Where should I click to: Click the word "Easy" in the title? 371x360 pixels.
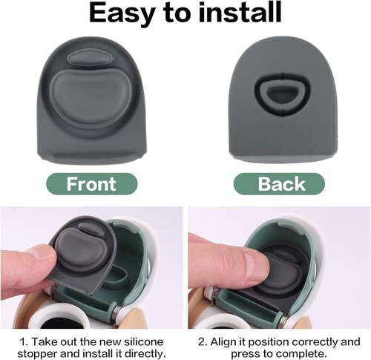[x=121, y=13]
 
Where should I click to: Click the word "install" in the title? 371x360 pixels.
[x=240, y=12]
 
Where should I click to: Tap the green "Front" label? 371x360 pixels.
[x=91, y=184]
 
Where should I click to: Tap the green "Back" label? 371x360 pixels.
[x=279, y=184]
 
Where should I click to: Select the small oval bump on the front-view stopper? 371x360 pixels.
[x=88, y=58]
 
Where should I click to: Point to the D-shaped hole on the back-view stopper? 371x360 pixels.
[x=283, y=94]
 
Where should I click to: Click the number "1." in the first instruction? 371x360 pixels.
[x=24, y=342]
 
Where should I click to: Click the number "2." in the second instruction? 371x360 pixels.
[x=203, y=342]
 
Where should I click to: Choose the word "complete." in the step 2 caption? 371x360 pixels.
[x=303, y=353]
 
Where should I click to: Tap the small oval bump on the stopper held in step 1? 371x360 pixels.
[x=91, y=229]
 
